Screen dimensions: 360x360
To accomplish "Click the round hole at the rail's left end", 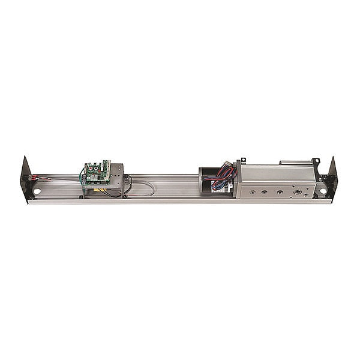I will [37, 191].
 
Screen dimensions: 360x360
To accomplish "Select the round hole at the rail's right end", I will [323, 191].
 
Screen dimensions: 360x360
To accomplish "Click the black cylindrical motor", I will [210, 180].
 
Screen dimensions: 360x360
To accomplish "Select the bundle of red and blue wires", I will [224, 172].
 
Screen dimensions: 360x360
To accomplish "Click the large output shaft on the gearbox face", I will [297, 193].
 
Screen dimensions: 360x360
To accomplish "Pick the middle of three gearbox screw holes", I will [265, 193].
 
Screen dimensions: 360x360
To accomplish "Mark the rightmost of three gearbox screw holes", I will [279, 193].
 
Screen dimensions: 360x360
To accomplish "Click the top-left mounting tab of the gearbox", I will [242, 161].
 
